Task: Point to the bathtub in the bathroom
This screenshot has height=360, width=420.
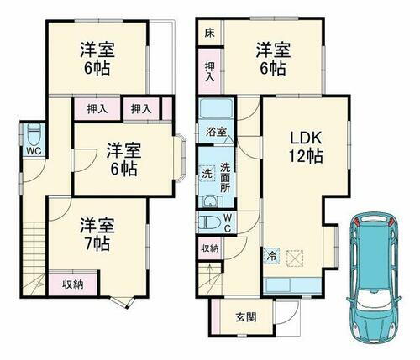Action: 218,110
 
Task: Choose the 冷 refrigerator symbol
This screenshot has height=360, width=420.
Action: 272,255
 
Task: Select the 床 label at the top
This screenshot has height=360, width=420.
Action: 207,35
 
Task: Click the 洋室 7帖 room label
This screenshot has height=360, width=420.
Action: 94,233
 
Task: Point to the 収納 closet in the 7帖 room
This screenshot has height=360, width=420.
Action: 74,284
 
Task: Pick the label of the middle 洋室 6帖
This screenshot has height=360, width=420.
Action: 122,159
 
